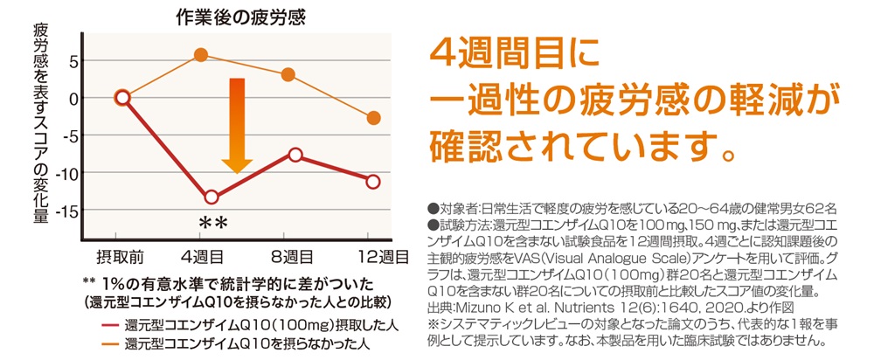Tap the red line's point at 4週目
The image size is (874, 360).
point(211,197)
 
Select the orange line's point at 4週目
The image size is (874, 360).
point(201,55)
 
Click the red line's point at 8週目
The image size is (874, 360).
point(295,155)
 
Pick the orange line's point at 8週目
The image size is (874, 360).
point(288,75)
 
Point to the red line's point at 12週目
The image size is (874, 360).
point(373,182)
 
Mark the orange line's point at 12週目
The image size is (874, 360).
point(374,118)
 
